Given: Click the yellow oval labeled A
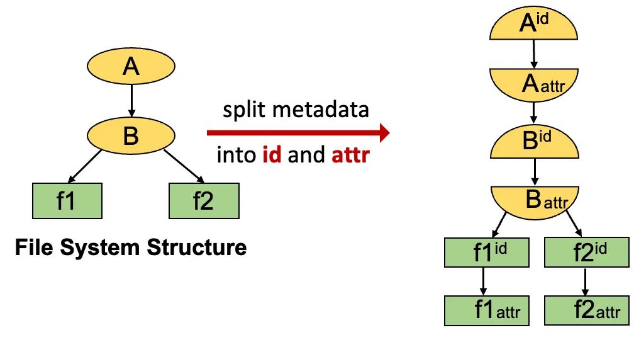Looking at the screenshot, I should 131,66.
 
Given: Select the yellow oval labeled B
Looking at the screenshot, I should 131,135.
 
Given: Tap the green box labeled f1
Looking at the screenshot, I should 67,201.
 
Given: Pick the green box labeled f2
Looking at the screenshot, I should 204,201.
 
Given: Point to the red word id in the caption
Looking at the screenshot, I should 272,154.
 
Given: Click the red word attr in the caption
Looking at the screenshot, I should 350,154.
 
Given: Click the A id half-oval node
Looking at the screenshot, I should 534,26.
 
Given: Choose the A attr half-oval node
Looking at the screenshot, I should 534,84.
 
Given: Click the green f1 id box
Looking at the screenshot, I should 484,252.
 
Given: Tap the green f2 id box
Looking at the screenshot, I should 586,252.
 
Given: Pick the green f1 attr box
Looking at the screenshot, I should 484,310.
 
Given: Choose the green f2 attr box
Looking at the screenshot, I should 586,310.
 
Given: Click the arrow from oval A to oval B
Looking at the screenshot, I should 131,99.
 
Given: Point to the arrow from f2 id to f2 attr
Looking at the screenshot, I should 586,281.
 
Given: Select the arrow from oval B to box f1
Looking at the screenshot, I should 86,166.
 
